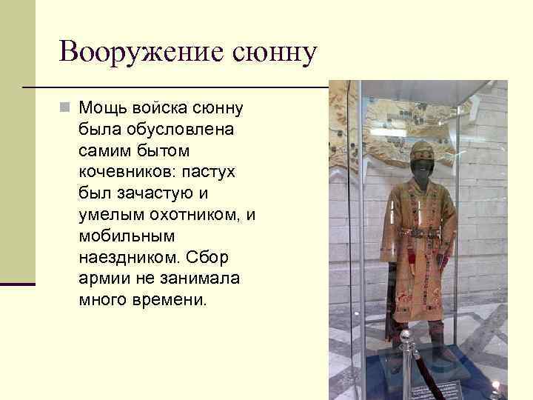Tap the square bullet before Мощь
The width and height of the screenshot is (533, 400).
pos(67,108)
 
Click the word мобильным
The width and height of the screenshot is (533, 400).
pos(126,237)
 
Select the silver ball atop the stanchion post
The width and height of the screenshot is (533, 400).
pos(405,338)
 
